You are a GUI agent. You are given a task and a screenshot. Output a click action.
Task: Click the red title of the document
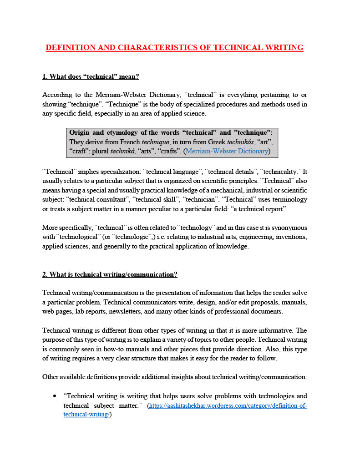tap(174, 47)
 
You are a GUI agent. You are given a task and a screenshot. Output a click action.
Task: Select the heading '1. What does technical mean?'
tap(91, 76)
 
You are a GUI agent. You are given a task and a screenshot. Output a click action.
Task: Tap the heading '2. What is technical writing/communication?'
tap(110, 274)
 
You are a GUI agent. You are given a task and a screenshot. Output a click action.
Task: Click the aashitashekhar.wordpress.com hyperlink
tap(228, 405)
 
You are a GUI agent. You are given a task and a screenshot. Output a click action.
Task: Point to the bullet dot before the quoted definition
tap(55, 396)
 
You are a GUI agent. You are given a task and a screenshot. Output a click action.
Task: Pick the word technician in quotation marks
tap(225, 199)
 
